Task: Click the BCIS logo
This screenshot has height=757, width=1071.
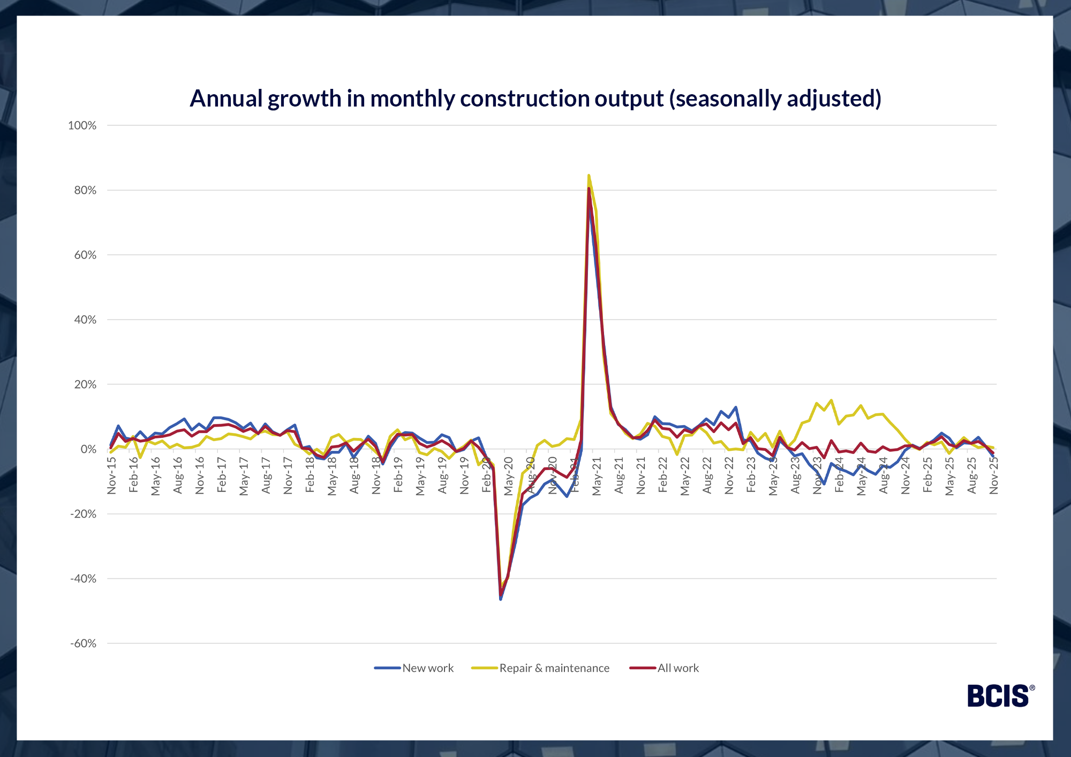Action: pyautogui.click(x=1000, y=695)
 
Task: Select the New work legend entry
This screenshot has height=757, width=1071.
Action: pyautogui.click(x=414, y=668)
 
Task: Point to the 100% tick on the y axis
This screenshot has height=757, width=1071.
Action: pyautogui.click(x=82, y=125)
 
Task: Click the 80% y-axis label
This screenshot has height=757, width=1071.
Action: pyautogui.click(x=85, y=190)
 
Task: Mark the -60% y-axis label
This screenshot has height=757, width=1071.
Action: pyautogui.click(x=83, y=644)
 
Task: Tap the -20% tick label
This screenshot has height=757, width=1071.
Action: pyautogui.click(x=83, y=514)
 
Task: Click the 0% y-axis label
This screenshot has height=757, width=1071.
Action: pyautogui.click(x=88, y=449)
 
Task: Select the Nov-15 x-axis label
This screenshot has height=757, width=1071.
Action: pyautogui.click(x=111, y=476)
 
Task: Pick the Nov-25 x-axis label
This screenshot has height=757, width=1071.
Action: pyautogui.click(x=994, y=476)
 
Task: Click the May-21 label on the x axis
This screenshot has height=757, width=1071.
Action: pyautogui.click(x=597, y=476)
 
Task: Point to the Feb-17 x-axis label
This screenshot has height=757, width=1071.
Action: pyautogui.click(x=222, y=476)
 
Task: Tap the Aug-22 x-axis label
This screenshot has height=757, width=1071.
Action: pyautogui.click(x=707, y=476)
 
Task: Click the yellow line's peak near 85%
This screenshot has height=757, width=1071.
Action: pyautogui.click(x=589, y=175)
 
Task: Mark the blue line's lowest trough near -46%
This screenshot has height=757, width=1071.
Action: pyautogui.click(x=501, y=599)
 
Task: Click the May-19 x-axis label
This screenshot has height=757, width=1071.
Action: pyautogui.click(x=420, y=476)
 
